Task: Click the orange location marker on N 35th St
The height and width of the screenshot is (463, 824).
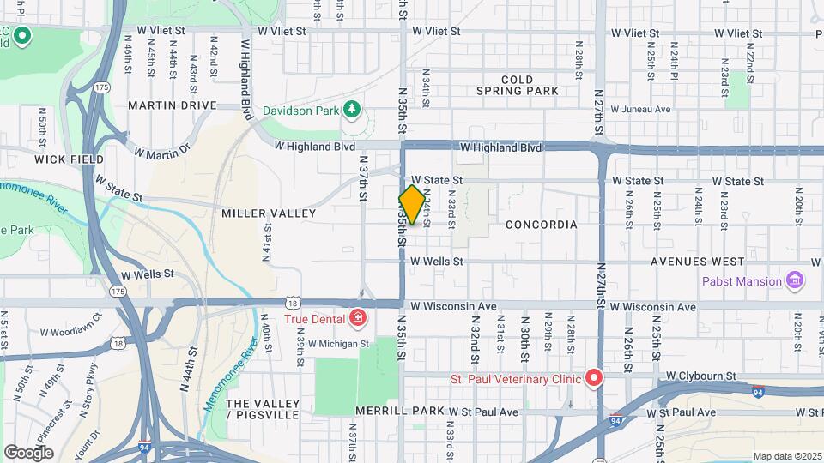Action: coord(412,205)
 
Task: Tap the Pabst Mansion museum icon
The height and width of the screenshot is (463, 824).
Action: coord(795,281)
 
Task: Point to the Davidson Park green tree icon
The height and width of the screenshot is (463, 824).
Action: coord(350,109)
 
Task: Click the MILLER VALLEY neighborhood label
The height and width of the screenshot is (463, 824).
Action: coord(259,213)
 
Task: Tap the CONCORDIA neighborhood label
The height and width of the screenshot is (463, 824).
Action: coord(541,225)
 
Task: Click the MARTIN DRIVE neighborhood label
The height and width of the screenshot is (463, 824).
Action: coord(173,105)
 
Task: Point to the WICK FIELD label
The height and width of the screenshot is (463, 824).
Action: coord(70,159)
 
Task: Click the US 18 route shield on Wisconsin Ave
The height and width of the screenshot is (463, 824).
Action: coord(294,304)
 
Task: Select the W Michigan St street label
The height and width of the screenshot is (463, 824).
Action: coord(338,344)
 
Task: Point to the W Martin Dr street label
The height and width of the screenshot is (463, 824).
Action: coord(161,152)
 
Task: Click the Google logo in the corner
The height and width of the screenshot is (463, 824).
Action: coord(28,452)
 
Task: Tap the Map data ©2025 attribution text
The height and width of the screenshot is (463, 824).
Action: coord(786,456)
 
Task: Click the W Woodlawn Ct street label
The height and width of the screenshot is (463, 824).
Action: coord(70,327)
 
